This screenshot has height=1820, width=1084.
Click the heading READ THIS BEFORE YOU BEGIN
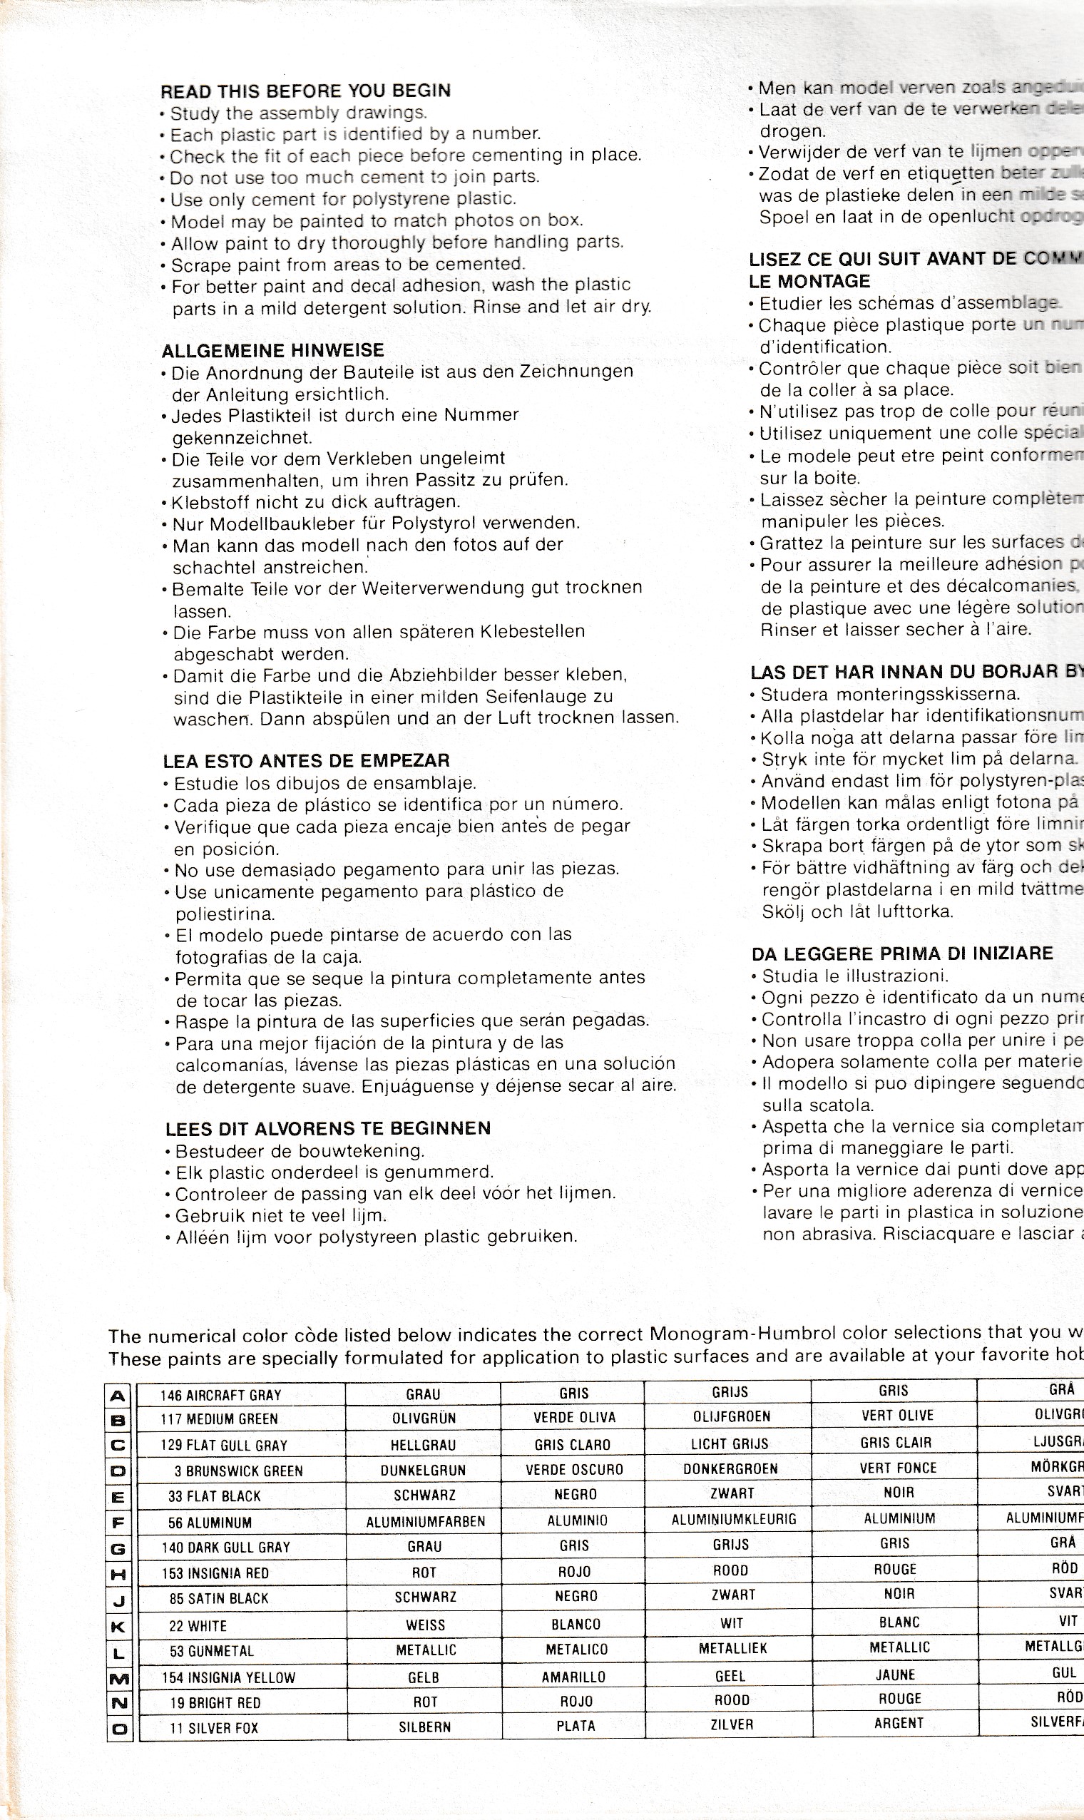tap(305, 91)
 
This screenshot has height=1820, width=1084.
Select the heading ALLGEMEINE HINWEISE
tap(272, 351)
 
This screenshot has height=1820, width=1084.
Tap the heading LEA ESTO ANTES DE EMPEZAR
tap(306, 761)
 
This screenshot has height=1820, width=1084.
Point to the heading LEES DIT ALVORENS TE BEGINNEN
tap(328, 1128)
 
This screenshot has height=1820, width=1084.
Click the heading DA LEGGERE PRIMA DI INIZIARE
tap(902, 954)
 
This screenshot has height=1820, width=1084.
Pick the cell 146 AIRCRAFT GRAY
tap(220, 1395)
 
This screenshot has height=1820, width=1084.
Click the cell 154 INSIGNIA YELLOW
tap(229, 1677)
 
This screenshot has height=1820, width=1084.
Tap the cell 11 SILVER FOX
tap(213, 1728)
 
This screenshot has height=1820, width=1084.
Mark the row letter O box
tap(120, 1729)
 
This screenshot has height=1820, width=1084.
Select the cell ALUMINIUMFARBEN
tap(425, 1522)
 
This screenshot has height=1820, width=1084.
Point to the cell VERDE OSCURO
tap(574, 1470)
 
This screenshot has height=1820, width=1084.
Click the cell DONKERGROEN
tap(730, 1468)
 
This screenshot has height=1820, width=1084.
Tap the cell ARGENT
tap(899, 1723)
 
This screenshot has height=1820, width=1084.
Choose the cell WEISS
tap(425, 1626)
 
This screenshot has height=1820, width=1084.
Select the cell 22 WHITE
tap(198, 1627)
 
